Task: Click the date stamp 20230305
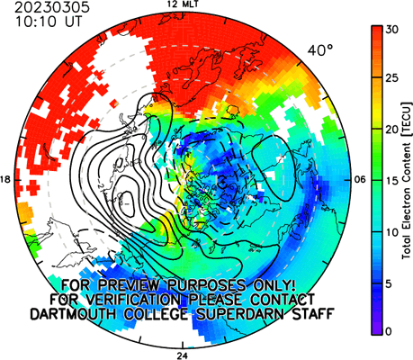pos(52,8)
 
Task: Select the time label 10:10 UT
pos(48,22)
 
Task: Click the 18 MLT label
pos(5,180)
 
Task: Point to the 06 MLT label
pos(360,180)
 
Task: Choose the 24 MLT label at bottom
pos(183,355)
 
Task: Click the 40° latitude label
pos(320,50)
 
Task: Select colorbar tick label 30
pos(391,30)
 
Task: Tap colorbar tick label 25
pos(391,78)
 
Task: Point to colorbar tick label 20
pos(391,130)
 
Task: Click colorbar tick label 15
pos(391,181)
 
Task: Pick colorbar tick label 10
pos(391,232)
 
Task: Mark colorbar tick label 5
pos(389,283)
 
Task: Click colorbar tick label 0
pos(389,331)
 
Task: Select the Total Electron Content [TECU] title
pos(407,181)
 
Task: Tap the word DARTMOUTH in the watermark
pos(73,314)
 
